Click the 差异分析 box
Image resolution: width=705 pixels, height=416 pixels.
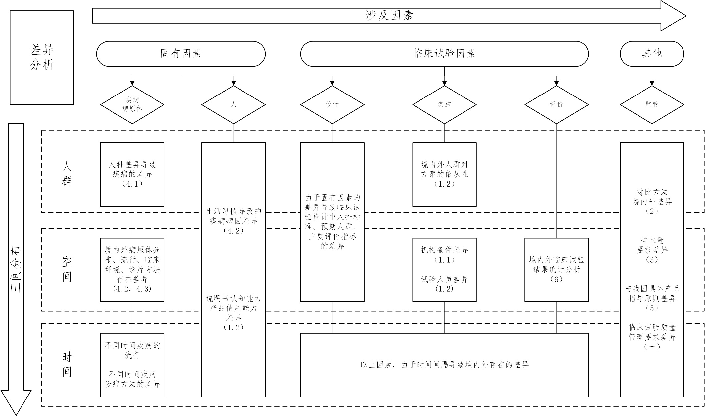(42, 57)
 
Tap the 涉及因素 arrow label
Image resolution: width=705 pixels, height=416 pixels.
(389, 16)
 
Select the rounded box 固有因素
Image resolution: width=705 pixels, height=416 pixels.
(181, 54)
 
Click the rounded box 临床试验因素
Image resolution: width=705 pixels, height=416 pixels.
(444, 54)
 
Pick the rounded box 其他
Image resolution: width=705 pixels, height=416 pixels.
(651, 54)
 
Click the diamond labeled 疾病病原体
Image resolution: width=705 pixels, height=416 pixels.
(132, 105)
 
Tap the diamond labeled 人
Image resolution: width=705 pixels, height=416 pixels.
(233, 105)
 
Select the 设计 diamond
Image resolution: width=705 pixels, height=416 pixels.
(332, 105)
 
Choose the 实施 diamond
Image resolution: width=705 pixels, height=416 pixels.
(444, 105)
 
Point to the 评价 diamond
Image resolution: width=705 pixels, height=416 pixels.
(556, 105)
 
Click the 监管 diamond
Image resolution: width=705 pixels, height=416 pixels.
(651, 105)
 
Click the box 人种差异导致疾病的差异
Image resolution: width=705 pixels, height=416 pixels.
(132, 174)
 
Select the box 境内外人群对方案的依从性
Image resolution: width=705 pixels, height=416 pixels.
(444, 174)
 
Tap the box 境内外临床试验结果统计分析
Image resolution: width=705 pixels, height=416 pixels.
(556, 269)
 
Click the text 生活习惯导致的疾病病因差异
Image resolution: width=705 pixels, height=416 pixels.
(233, 221)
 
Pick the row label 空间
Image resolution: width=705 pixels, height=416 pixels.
(67, 269)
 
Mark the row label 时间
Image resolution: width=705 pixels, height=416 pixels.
(67, 364)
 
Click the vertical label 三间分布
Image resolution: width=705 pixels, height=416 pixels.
(16, 269)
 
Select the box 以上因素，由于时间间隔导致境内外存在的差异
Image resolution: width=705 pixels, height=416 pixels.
(444, 365)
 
